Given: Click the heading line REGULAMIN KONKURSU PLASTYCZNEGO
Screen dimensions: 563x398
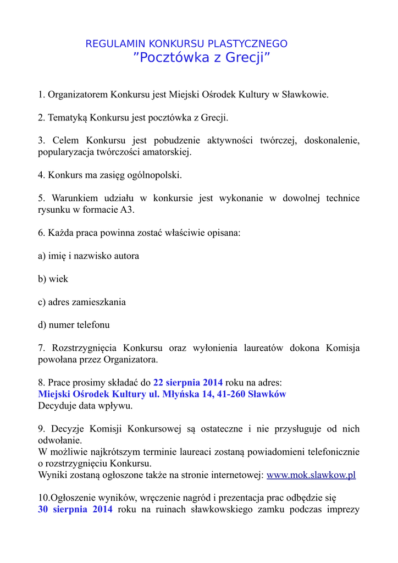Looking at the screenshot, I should coord(186,44).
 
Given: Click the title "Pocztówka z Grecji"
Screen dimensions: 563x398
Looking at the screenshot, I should coord(202,58).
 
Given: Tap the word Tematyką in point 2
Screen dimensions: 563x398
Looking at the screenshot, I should coord(68,118).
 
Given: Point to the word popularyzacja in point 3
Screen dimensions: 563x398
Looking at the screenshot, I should coord(64,152).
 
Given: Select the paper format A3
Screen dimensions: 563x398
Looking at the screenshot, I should coord(127,210).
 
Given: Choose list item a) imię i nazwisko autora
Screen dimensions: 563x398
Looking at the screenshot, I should coord(89,256).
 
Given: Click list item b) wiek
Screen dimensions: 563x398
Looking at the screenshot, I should coord(53,279).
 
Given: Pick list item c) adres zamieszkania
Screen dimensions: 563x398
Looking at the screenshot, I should coord(82,302).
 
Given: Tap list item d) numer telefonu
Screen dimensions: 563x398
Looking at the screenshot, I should coord(74,325).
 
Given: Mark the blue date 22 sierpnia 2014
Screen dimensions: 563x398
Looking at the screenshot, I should coord(188,383).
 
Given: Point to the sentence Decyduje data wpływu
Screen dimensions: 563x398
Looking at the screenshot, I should coord(85,406).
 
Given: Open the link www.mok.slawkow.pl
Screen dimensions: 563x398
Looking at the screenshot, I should coord(311,474).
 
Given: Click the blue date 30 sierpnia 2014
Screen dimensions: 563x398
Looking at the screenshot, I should coord(75,509).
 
